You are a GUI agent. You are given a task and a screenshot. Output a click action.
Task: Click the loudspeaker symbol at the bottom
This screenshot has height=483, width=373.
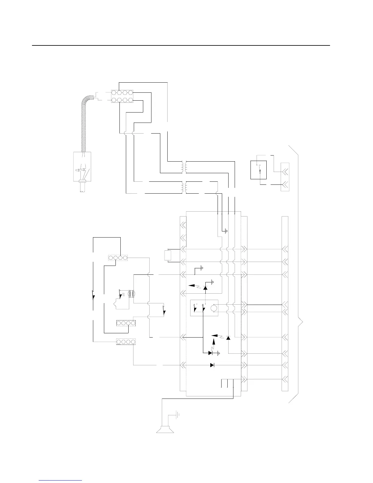165,429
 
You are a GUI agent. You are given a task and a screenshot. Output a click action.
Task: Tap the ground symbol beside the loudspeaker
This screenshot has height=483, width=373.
177,414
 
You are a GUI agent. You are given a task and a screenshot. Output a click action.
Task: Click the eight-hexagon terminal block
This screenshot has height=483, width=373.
122,96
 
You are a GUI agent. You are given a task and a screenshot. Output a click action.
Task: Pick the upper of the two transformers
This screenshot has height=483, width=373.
184,167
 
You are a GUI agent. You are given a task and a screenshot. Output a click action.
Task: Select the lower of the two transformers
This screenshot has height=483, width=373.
184,188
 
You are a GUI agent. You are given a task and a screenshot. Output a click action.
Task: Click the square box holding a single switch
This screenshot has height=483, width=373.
258,170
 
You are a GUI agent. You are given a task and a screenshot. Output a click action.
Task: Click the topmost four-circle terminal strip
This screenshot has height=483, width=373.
118,258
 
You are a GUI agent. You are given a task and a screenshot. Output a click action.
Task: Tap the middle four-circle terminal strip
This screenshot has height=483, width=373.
126,323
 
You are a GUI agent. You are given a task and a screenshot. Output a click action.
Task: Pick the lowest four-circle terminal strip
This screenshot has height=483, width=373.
126,342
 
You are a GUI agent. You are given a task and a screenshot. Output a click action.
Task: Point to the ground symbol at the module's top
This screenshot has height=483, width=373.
225,231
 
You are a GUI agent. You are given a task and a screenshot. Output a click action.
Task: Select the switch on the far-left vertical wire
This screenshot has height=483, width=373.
93,295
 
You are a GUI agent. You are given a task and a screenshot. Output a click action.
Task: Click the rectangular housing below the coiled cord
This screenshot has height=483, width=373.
83,166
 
